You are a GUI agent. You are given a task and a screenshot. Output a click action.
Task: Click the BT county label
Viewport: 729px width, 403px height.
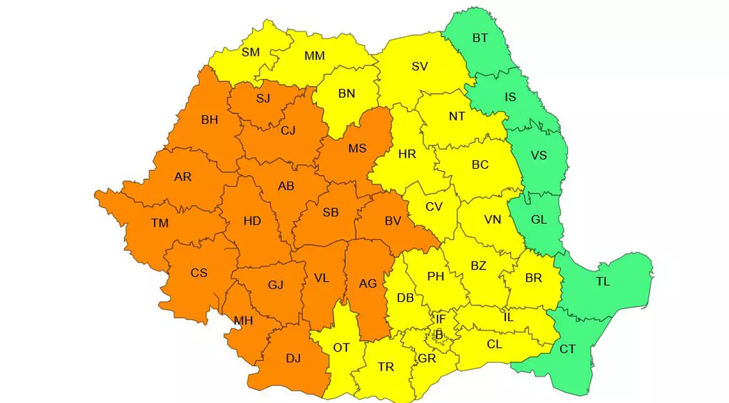pyautogui.click(x=480, y=38)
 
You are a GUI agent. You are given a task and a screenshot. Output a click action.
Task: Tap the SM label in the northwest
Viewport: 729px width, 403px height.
pyautogui.click(x=250, y=52)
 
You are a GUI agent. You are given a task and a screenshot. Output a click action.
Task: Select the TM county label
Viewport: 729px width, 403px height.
pyautogui.click(x=160, y=223)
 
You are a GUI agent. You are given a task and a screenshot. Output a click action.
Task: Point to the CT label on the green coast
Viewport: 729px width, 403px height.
pyautogui.click(x=567, y=350)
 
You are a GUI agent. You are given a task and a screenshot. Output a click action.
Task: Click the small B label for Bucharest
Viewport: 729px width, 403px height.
pyautogui.click(x=439, y=333)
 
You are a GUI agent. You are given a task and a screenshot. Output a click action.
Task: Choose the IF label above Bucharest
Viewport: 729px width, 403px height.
pyautogui.click(x=441, y=319)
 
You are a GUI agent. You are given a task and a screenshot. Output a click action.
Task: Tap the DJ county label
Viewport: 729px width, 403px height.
pyautogui.click(x=293, y=359)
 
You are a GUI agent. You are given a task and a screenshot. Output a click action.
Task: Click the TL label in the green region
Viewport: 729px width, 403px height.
pyautogui.click(x=603, y=282)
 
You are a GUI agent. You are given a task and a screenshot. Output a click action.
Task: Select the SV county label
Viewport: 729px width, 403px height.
pyautogui.click(x=420, y=67)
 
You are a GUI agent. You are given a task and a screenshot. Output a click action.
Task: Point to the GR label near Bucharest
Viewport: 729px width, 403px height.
pyautogui.click(x=427, y=358)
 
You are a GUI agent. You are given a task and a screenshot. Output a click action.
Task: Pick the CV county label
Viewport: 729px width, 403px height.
pyautogui.click(x=434, y=207)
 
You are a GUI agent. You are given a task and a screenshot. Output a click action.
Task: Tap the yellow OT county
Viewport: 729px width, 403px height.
pyautogui.click(x=341, y=347)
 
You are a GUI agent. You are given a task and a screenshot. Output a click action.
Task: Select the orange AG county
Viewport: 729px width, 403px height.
pyautogui.click(x=368, y=283)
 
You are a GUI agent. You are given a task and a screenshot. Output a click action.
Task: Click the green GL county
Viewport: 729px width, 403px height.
pyautogui.click(x=539, y=220)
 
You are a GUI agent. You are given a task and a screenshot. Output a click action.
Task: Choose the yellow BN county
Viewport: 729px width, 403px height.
pyautogui.click(x=346, y=93)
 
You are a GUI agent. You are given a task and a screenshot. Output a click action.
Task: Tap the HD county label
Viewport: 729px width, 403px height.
pyautogui.click(x=252, y=221)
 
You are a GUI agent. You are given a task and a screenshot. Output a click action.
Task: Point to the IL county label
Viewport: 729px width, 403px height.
pyautogui.click(x=508, y=317)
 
